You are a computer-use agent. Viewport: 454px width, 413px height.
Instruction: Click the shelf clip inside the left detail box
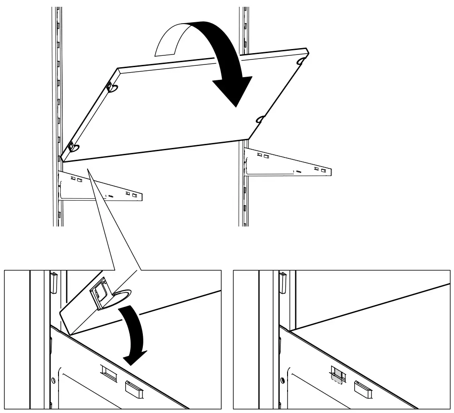click(x=100, y=294)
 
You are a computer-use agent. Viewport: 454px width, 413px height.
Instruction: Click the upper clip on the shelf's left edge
click(x=110, y=86)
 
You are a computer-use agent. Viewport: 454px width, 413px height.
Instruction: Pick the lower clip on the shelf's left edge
click(x=73, y=147)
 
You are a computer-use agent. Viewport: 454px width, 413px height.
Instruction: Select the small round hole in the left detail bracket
click(x=54, y=378)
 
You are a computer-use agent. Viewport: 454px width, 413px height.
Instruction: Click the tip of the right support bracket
click(x=330, y=172)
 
